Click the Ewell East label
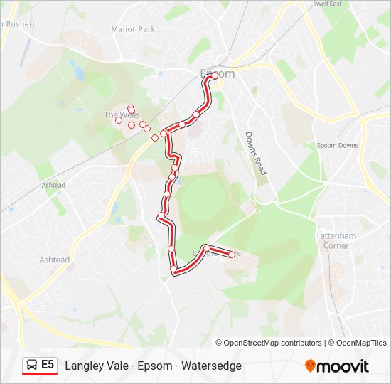pos(327,4)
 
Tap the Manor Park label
pos(133,30)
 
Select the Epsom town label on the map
pos(217,73)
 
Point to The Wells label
pos(122,114)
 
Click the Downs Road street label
pos(255,153)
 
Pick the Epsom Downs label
pos(337,146)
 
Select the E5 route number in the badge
pos(48,365)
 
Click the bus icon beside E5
pos(32,366)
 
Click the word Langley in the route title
pos(84,366)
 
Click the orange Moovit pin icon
pos(310,366)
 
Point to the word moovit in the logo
pos(343,366)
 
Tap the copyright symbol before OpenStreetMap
pos(219,343)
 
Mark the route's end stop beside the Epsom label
pos(214,75)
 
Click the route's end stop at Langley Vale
pos(232,255)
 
